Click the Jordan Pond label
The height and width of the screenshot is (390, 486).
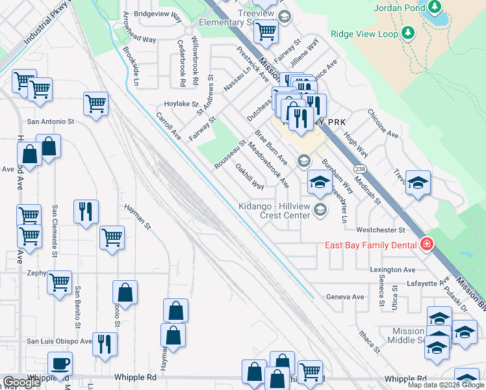click(x=398, y=8)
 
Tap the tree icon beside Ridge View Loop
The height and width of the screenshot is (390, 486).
click(x=407, y=32)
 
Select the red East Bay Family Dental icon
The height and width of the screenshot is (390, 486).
click(x=427, y=245)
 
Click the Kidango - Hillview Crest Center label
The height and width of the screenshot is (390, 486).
click(x=273, y=210)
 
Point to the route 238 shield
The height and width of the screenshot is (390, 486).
click(x=359, y=168)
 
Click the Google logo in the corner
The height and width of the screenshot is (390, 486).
click(x=21, y=382)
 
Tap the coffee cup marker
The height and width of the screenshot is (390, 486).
click(x=60, y=364)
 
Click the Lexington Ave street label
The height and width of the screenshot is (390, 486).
click(x=392, y=270)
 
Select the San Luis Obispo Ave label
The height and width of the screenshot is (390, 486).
click(x=58, y=341)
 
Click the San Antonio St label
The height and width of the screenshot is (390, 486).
click(x=50, y=121)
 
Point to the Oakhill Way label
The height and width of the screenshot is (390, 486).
click(x=249, y=176)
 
